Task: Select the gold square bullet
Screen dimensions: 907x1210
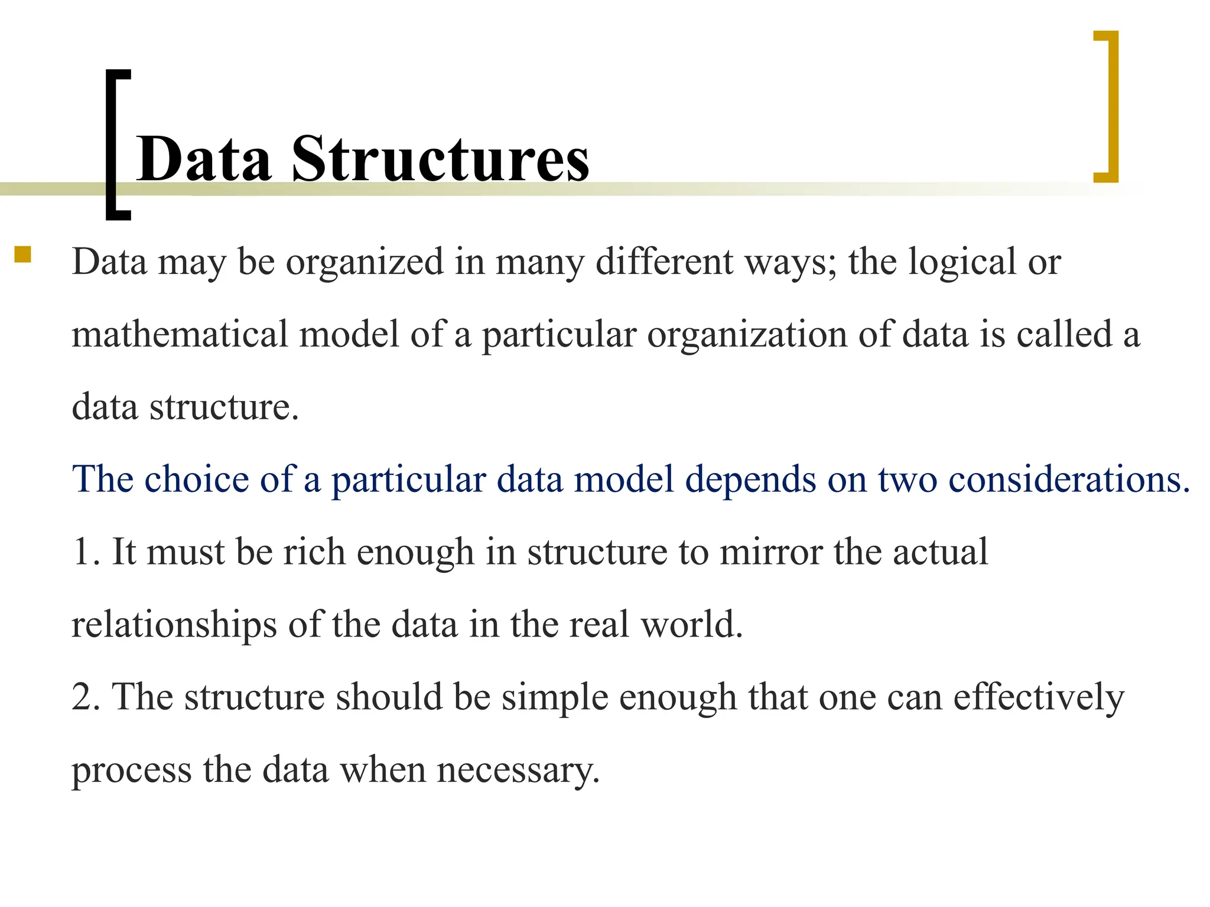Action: click(23, 255)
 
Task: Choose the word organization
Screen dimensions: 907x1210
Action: click(747, 335)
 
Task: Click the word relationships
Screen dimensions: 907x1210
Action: click(174, 625)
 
